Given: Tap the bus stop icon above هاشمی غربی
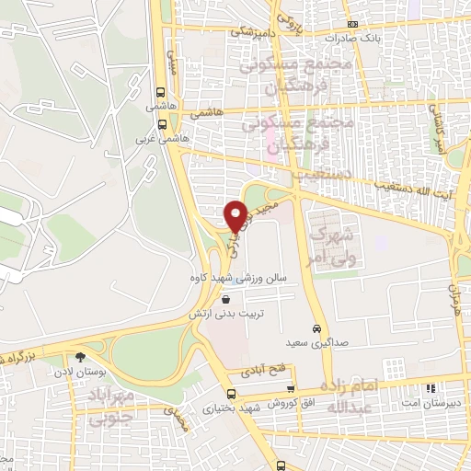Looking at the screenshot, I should pyautogui.click(x=162, y=123).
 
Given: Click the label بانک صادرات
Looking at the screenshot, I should pyautogui.click(x=353, y=39).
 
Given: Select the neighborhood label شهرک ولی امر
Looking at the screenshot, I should pyautogui.click(x=334, y=238).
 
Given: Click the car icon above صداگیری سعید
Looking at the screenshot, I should pyautogui.click(x=316, y=329).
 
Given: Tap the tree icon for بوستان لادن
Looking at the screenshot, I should pyautogui.click(x=81, y=357).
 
